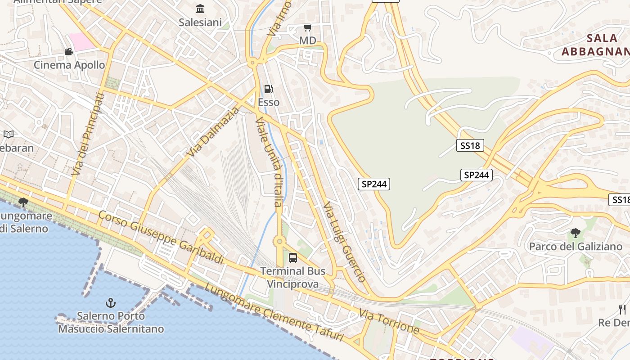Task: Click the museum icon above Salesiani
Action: click(x=200, y=9)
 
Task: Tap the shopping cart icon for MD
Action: click(x=308, y=28)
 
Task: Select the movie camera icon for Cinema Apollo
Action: click(x=69, y=52)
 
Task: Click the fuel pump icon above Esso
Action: click(x=268, y=89)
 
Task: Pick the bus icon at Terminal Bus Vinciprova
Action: click(x=293, y=258)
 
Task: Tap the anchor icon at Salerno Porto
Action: click(x=111, y=303)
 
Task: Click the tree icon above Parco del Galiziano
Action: click(x=575, y=233)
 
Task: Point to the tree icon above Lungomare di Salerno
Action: click(x=23, y=203)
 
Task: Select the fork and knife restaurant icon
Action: click(x=622, y=309)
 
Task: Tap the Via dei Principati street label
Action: click(x=88, y=134)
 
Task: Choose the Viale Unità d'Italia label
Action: click(x=269, y=162)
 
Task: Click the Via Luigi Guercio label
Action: click(x=344, y=242)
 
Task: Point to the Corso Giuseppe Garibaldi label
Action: click(x=161, y=237)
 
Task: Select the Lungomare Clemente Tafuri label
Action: click(x=274, y=313)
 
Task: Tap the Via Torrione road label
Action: click(x=389, y=321)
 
